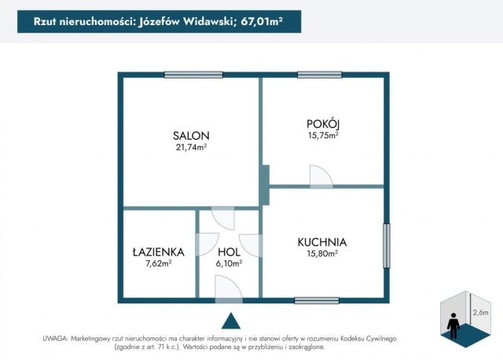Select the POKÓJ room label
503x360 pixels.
[x=323, y=123]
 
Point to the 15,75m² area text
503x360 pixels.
[x=323, y=135]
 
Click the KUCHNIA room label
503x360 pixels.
[x=322, y=242]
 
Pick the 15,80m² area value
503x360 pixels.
[x=322, y=254]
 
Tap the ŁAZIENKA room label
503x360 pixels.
[x=158, y=252]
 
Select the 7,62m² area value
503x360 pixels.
[x=158, y=264]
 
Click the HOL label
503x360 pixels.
[x=229, y=252]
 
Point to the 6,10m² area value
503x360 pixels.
[x=229, y=264]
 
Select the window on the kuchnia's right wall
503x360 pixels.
[x=386, y=246]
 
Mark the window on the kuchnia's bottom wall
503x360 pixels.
[x=317, y=299]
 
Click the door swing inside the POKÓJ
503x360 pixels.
[x=321, y=178]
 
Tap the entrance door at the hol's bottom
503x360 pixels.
[x=229, y=291]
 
